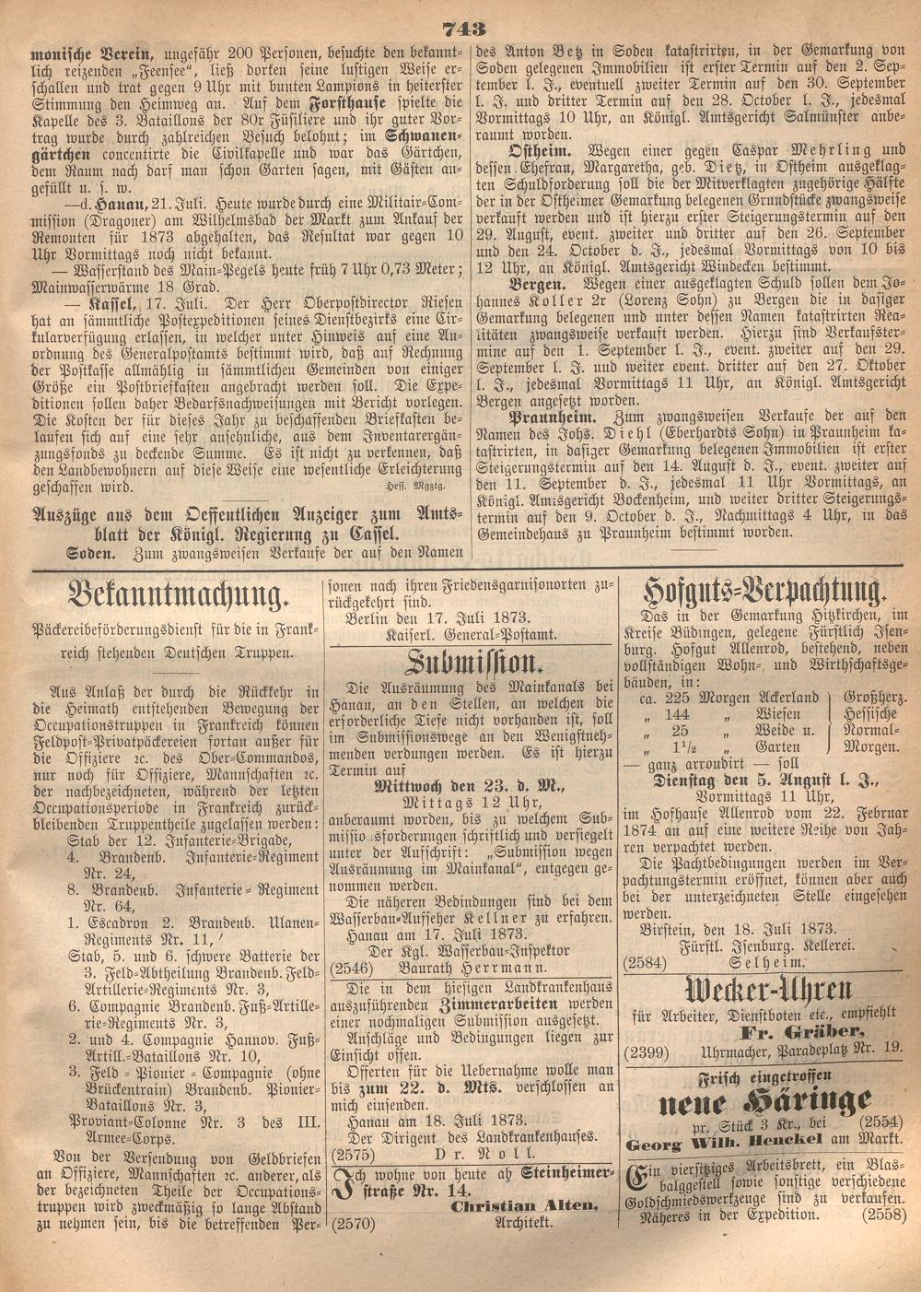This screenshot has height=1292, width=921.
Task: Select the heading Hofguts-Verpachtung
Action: pos(764,591)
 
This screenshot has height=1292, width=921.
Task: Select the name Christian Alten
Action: pos(523,1205)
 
